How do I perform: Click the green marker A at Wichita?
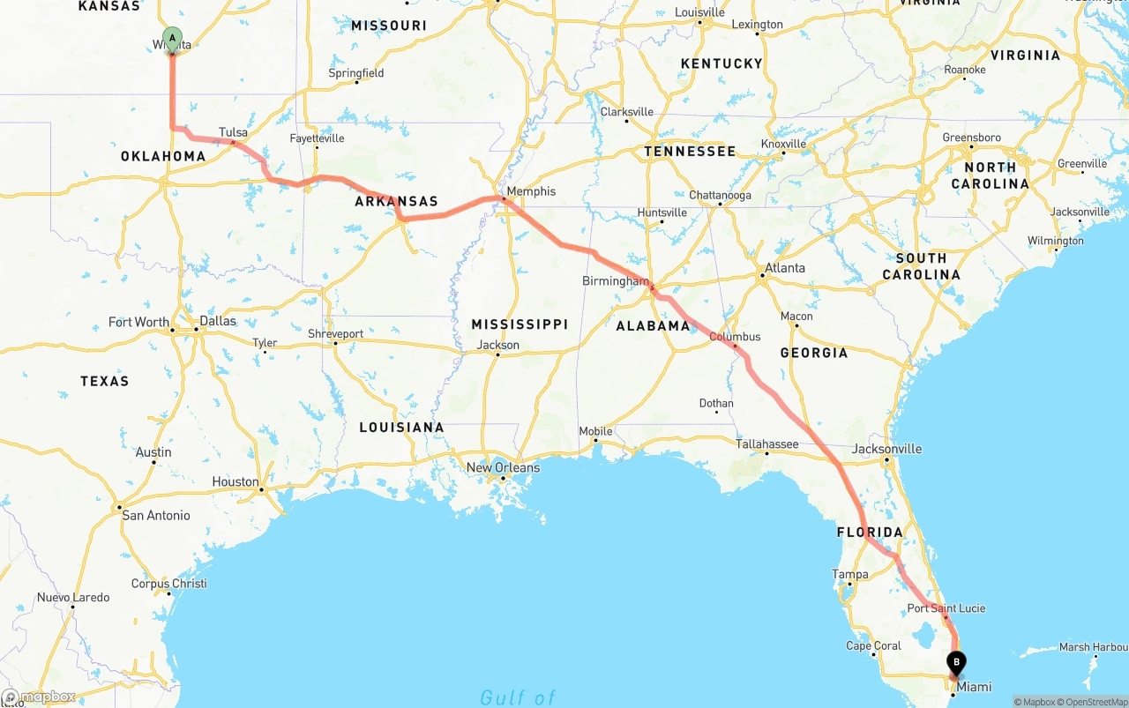[172, 40]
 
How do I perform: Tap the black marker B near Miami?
[956, 663]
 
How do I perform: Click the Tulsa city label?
[233, 132]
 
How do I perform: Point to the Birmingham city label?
[615, 281]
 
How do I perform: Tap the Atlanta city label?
[784, 268]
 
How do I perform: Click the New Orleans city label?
[503, 467]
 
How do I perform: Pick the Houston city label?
[236, 482]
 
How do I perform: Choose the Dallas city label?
[218, 321]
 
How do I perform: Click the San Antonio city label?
[156, 515]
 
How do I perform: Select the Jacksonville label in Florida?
[886, 449]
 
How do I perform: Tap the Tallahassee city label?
[767, 444]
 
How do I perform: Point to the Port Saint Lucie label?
[946, 608]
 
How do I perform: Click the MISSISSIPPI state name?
[520, 324]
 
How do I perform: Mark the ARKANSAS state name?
[396, 201]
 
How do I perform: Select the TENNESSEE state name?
[689, 152]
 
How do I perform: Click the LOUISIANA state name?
[401, 428]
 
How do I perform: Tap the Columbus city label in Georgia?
[735, 337]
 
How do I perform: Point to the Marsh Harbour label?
[1093, 647]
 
